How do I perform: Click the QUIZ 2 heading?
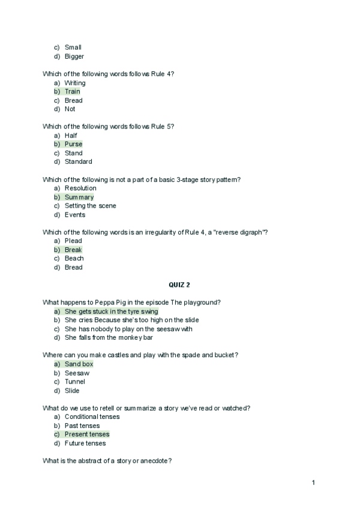point(179,285)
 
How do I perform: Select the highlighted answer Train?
point(72,92)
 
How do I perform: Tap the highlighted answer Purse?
point(73,144)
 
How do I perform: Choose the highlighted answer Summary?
point(79,197)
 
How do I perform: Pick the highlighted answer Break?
point(73,250)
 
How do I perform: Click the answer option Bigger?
point(74,56)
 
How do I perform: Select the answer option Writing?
point(75,83)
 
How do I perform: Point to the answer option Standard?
point(78,161)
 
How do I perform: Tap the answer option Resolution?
point(80,188)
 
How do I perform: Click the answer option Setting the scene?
point(90,206)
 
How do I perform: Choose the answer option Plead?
point(74,241)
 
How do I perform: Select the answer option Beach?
point(74,258)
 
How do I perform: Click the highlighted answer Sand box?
point(79,364)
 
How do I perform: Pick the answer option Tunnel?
point(75,382)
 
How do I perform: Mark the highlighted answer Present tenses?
point(87,434)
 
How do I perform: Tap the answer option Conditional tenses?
point(92,417)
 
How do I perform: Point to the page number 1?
point(313,483)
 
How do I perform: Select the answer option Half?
point(71,136)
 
